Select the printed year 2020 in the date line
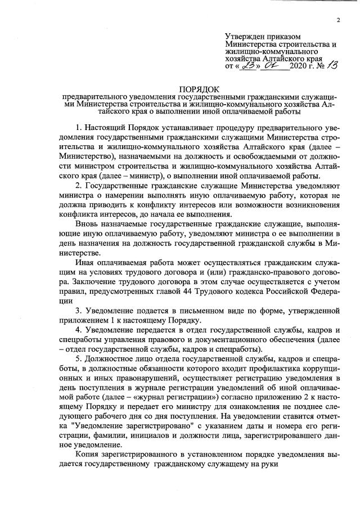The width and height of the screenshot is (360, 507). click(299, 66)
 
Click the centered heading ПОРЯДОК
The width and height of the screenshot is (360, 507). click(200, 89)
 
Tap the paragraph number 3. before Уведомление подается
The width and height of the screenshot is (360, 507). click(79, 311)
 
